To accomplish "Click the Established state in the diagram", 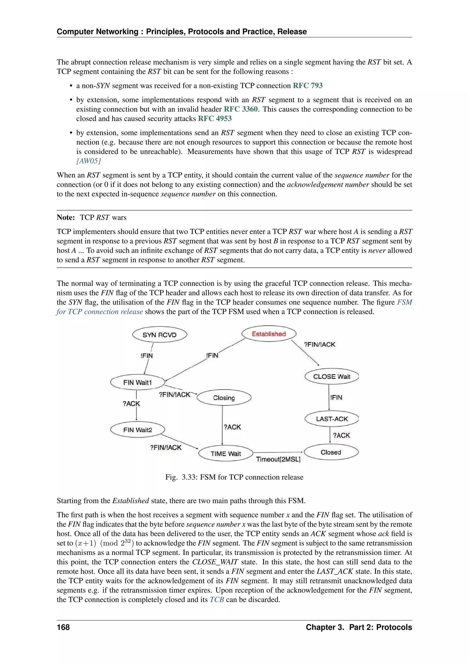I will (x=269, y=334).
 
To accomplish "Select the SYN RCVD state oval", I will (x=159, y=335).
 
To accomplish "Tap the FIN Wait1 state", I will (x=137, y=382).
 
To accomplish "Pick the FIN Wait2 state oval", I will (x=137, y=430).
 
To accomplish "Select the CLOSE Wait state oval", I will (x=332, y=377).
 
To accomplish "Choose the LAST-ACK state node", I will (x=332, y=419).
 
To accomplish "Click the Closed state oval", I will (x=331, y=452).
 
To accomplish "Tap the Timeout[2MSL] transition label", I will (x=278, y=459).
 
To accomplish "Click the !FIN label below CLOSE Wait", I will (x=336, y=397).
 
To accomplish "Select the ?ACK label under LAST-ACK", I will (x=341, y=435).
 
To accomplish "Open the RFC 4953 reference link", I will (x=215, y=118).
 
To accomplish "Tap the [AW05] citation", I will (x=88, y=161).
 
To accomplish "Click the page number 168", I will (x=63, y=627).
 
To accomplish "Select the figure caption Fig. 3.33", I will (x=234, y=477).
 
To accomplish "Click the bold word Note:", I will (x=66, y=217).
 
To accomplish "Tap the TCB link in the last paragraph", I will (x=217, y=600).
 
